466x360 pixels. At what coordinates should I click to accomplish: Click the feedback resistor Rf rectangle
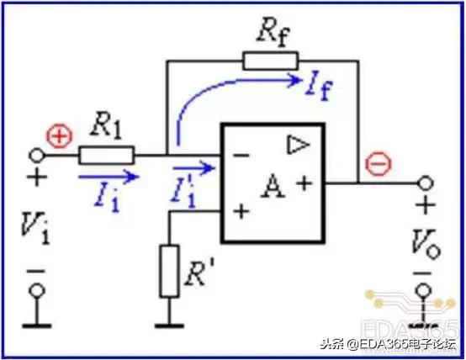[270, 61]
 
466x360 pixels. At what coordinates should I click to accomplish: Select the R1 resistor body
[106, 155]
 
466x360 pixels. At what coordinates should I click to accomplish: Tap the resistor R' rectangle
[169, 271]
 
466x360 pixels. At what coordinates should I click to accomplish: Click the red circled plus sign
[61, 136]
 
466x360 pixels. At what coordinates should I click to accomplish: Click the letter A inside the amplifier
[273, 187]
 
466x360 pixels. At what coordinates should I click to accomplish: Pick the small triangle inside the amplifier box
[298, 145]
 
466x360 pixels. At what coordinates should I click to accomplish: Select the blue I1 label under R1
[107, 199]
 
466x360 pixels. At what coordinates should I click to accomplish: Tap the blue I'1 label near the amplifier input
[183, 194]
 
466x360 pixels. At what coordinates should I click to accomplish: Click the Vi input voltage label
[35, 227]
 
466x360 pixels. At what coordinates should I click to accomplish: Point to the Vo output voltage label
[426, 244]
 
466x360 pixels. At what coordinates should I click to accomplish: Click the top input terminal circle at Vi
[36, 155]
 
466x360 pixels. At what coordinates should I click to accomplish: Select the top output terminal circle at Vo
[426, 183]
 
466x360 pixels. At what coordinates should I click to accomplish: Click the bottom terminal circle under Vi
[37, 290]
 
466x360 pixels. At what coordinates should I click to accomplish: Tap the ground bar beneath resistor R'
[169, 326]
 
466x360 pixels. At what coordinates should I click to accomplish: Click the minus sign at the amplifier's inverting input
[241, 155]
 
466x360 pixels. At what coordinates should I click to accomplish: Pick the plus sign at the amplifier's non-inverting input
[241, 212]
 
